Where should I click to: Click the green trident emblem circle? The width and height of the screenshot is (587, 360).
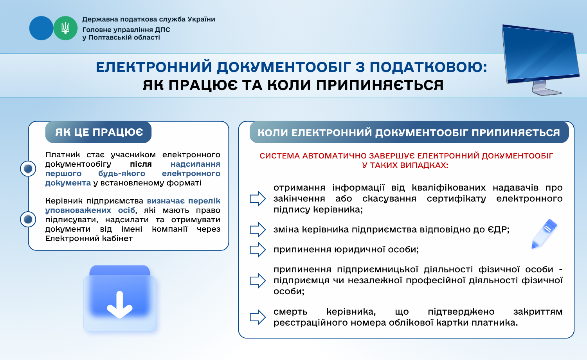tap(65, 28)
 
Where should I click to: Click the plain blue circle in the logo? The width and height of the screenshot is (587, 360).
tap(41, 28)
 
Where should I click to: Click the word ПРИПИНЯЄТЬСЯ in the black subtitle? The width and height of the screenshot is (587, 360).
tap(380, 85)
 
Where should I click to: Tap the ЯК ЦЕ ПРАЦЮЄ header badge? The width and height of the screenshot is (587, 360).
tap(99, 132)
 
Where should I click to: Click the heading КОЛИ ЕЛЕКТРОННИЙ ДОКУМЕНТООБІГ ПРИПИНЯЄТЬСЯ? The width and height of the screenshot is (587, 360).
tap(409, 132)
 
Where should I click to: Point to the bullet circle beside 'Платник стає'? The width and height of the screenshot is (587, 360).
tap(28, 169)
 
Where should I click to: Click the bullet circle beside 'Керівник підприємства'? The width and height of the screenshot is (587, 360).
tap(28, 219)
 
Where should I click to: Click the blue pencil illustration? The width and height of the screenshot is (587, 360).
tap(544, 234)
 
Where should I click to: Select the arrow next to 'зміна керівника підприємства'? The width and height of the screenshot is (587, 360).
tap(258, 230)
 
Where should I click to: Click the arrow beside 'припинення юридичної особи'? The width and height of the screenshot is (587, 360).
tap(258, 249)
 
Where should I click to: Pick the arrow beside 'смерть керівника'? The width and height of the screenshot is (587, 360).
tap(258, 317)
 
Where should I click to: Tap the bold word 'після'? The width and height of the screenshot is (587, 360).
tap(141, 164)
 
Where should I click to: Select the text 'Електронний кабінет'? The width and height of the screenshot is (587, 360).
tap(89, 238)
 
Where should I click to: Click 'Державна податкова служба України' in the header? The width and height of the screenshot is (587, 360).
tap(149, 20)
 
